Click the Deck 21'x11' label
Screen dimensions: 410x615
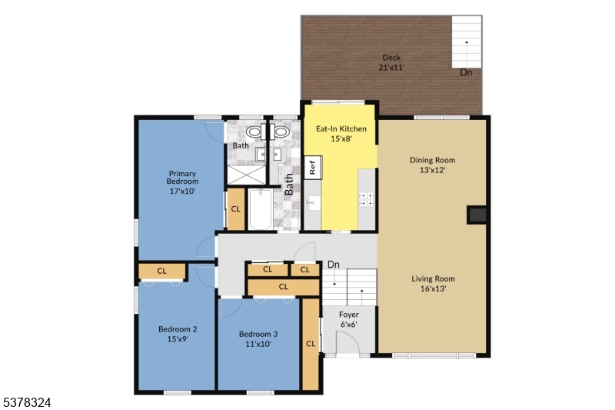[x=391, y=62]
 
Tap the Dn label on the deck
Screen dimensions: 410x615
[x=466, y=73]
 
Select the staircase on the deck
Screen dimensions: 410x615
[x=466, y=42]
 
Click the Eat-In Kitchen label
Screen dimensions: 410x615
[x=341, y=134]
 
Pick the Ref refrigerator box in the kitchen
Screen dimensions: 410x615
[x=313, y=167]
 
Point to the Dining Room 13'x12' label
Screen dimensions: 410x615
[x=433, y=165]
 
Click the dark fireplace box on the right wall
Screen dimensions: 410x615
[x=477, y=215]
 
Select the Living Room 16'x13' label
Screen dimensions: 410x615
[x=433, y=284]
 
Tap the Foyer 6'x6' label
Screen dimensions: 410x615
[x=349, y=319]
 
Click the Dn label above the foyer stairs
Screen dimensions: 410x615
[x=334, y=265]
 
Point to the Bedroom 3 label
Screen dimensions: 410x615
[x=258, y=338]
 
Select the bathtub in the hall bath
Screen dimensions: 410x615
[x=259, y=208]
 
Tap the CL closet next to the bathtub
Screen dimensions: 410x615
[x=235, y=209]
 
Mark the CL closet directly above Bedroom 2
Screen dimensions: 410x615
[x=162, y=271]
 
